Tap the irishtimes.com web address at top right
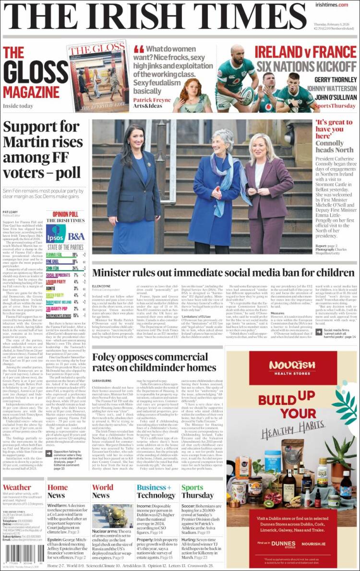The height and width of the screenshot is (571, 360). coord(332,5)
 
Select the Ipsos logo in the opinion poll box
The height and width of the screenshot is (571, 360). coord(56,233)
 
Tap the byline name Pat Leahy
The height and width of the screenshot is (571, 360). coord(11,211)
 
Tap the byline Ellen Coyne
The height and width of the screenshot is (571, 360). coord(101,286)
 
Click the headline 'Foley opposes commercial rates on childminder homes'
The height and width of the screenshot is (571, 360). coord(154,363)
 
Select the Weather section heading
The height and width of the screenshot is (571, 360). coord(17,487)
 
